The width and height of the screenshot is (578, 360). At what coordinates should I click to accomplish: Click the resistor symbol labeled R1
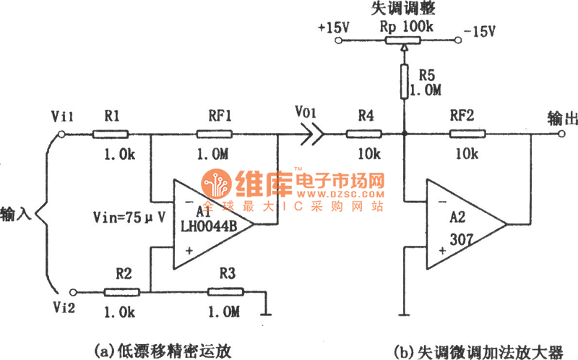111,134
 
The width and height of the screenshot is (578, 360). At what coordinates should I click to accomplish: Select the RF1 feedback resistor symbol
214,134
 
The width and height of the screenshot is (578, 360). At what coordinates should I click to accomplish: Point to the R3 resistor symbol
225,291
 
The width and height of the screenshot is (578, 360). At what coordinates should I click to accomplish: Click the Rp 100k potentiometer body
405,39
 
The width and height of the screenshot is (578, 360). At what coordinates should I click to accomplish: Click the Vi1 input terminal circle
61,134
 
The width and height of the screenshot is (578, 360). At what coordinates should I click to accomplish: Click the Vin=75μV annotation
129,216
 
